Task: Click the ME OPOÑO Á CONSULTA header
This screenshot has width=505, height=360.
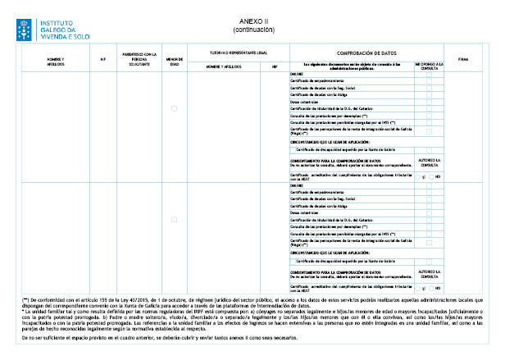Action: pyautogui.click(x=429, y=65)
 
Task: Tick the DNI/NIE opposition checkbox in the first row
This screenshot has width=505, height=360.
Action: pyautogui.click(x=429, y=73)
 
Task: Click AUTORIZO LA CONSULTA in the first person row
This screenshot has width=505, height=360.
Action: pyautogui.click(x=429, y=161)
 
